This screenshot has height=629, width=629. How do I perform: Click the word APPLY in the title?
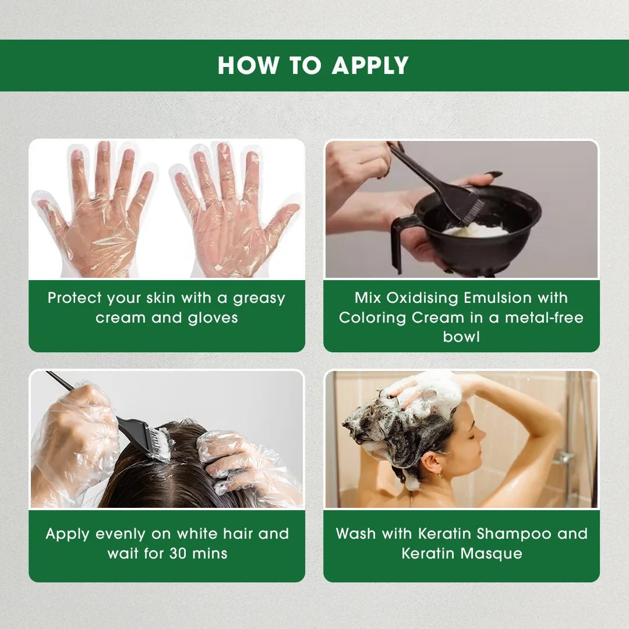[370, 65]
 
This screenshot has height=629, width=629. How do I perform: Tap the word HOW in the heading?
[248, 65]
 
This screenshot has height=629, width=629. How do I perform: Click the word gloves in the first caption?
[213, 318]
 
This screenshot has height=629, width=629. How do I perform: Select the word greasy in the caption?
[259, 299]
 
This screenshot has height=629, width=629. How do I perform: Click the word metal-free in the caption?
[544, 318]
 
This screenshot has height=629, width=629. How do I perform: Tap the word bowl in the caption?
[461, 337]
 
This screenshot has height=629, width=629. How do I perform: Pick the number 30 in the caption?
[178, 554]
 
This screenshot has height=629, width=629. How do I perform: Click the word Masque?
[492, 554]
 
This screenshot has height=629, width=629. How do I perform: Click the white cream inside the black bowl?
[475, 230]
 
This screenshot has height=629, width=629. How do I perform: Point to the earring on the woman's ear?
[440, 476]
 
